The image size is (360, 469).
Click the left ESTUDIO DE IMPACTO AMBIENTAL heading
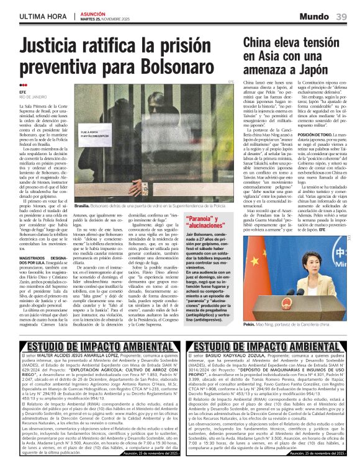click(x=92, y=347)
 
